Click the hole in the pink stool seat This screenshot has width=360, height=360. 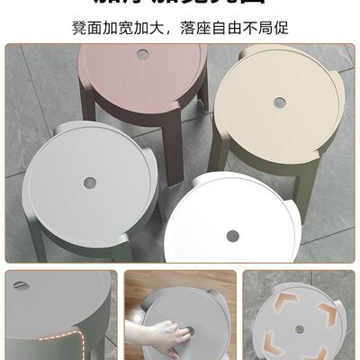coord(143,55)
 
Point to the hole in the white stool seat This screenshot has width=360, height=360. coord(233,236)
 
